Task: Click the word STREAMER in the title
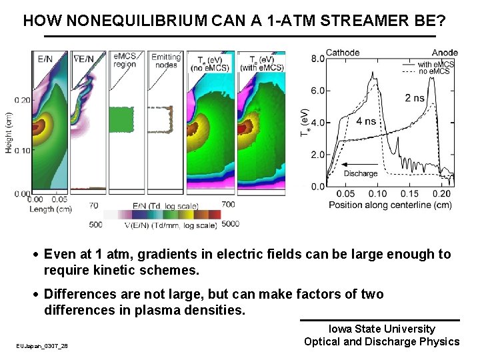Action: click(360, 21)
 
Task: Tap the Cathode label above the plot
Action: click(343, 53)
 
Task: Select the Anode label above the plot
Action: click(445, 53)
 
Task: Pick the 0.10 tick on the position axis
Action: click(381, 194)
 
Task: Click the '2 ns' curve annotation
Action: click(414, 98)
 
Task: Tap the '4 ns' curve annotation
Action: click(367, 121)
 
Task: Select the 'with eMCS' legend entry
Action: click(436, 64)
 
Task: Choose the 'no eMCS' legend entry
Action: click(433, 71)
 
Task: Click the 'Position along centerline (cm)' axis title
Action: click(390, 205)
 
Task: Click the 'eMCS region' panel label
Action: click(125, 61)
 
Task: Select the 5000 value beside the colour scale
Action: click(230, 225)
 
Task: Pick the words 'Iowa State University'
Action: click(381, 329)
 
